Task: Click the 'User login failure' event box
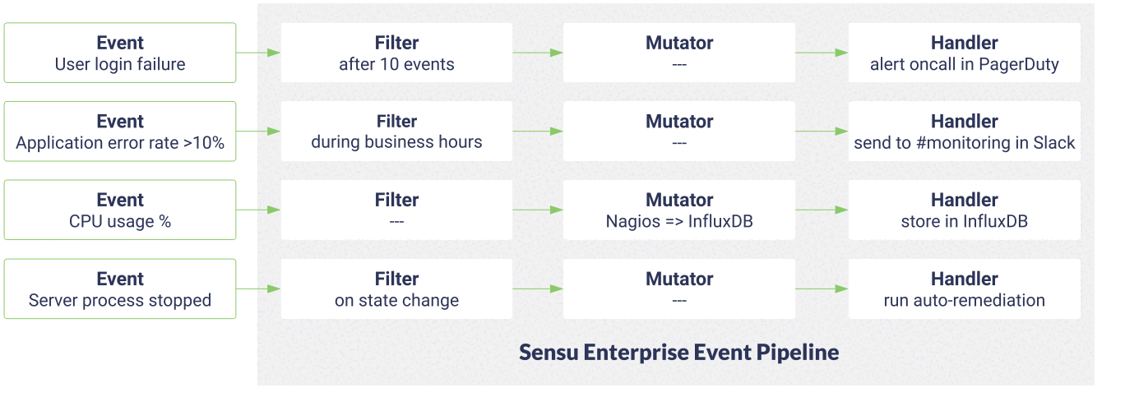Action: (120, 53)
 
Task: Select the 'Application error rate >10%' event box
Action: (120, 132)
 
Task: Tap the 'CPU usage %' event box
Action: (120, 210)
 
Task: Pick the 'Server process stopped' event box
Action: (120, 289)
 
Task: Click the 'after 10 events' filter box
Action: (396, 53)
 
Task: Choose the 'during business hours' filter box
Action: (396, 132)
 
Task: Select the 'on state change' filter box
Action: (396, 289)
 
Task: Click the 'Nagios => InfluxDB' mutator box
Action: (679, 210)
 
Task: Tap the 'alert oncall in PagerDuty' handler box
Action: (965, 53)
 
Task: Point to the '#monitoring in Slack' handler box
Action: (965, 132)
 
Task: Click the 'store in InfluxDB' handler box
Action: (965, 210)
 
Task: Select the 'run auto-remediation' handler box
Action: (965, 289)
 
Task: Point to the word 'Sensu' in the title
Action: (549, 353)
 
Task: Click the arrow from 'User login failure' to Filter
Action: (258, 53)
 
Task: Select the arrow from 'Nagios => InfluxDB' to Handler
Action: (822, 210)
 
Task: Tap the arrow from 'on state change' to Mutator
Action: (538, 289)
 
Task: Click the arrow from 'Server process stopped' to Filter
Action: (258, 289)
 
